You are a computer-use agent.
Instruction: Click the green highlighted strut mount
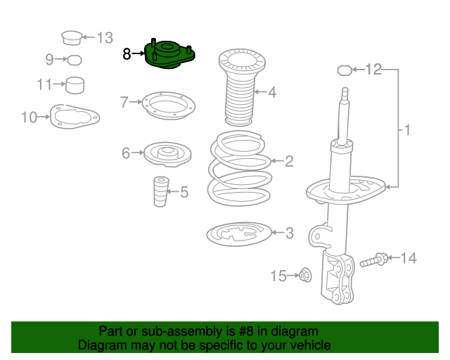coord(169,55)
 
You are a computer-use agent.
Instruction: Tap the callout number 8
coord(127,53)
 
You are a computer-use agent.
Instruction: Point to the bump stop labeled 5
coord(161,191)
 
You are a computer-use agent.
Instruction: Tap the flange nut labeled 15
coord(305,275)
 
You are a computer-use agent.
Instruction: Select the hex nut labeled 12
coord(345,70)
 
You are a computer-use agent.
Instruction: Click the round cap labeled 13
coord(72,38)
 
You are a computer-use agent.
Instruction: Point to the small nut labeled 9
coord(75,60)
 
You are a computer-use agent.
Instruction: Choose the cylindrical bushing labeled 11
coord(75,85)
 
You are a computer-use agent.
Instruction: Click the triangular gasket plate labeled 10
coord(75,117)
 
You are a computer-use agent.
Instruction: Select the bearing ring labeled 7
coord(169,105)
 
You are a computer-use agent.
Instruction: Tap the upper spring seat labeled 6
coord(167,154)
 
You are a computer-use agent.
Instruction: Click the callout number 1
coord(407,130)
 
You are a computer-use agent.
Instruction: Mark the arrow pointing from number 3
coord(278,232)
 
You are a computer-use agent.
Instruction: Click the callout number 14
coord(409,258)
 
